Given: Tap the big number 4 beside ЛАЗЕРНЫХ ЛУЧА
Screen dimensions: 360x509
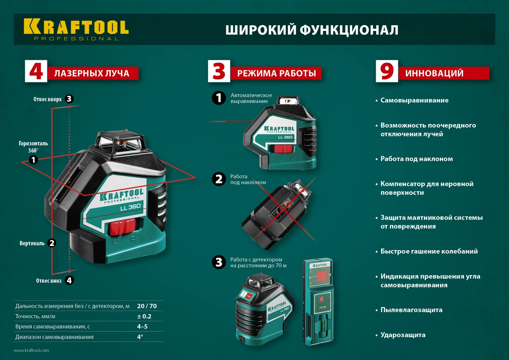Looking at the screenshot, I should [36, 71].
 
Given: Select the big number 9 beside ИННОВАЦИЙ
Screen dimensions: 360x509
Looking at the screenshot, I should [387, 71].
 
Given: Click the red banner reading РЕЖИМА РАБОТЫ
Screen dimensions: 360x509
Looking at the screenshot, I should [276, 73].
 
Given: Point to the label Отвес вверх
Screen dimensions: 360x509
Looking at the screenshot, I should [47, 99].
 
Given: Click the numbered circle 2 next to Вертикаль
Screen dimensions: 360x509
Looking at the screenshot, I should [52, 243].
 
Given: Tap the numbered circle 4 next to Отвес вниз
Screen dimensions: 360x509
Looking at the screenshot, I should [69, 280].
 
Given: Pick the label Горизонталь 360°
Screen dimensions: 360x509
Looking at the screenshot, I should [33, 147].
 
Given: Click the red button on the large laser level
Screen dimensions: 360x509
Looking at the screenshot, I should [122, 227].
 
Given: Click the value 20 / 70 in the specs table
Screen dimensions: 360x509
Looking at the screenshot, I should [147, 306].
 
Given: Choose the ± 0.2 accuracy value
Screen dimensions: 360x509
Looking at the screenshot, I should [144, 316].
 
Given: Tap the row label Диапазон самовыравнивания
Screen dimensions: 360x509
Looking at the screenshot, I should [54, 337].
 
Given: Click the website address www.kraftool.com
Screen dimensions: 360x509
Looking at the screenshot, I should [31, 350].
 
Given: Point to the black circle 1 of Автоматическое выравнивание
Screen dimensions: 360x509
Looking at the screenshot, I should [219, 98].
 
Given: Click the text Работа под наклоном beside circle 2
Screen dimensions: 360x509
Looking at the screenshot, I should [248, 179].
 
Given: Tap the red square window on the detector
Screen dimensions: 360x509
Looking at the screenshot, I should [322, 276].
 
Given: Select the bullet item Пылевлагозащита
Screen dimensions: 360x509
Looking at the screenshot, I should [411, 310].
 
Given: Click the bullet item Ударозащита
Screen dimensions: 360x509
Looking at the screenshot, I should [403, 335].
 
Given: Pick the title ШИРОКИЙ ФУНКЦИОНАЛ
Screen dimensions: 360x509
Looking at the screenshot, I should [312, 30].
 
